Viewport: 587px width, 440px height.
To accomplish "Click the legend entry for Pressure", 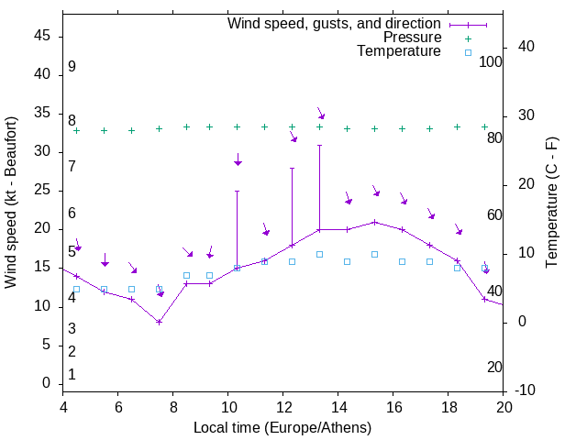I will [412, 38].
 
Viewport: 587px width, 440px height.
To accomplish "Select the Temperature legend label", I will [399, 51].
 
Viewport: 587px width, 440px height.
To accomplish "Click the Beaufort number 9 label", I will [72, 67].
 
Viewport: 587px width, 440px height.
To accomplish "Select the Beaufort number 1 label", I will [72, 374].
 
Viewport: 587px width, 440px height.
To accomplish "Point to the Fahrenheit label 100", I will [492, 61].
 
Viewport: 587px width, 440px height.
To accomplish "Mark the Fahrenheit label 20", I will [494, 367].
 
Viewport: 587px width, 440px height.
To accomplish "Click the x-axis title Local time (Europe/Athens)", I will [282, 427].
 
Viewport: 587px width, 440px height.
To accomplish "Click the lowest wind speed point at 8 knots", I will [159, 322].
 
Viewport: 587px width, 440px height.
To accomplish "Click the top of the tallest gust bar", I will [319, 145].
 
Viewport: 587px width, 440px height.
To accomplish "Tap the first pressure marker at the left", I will [76, 130].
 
